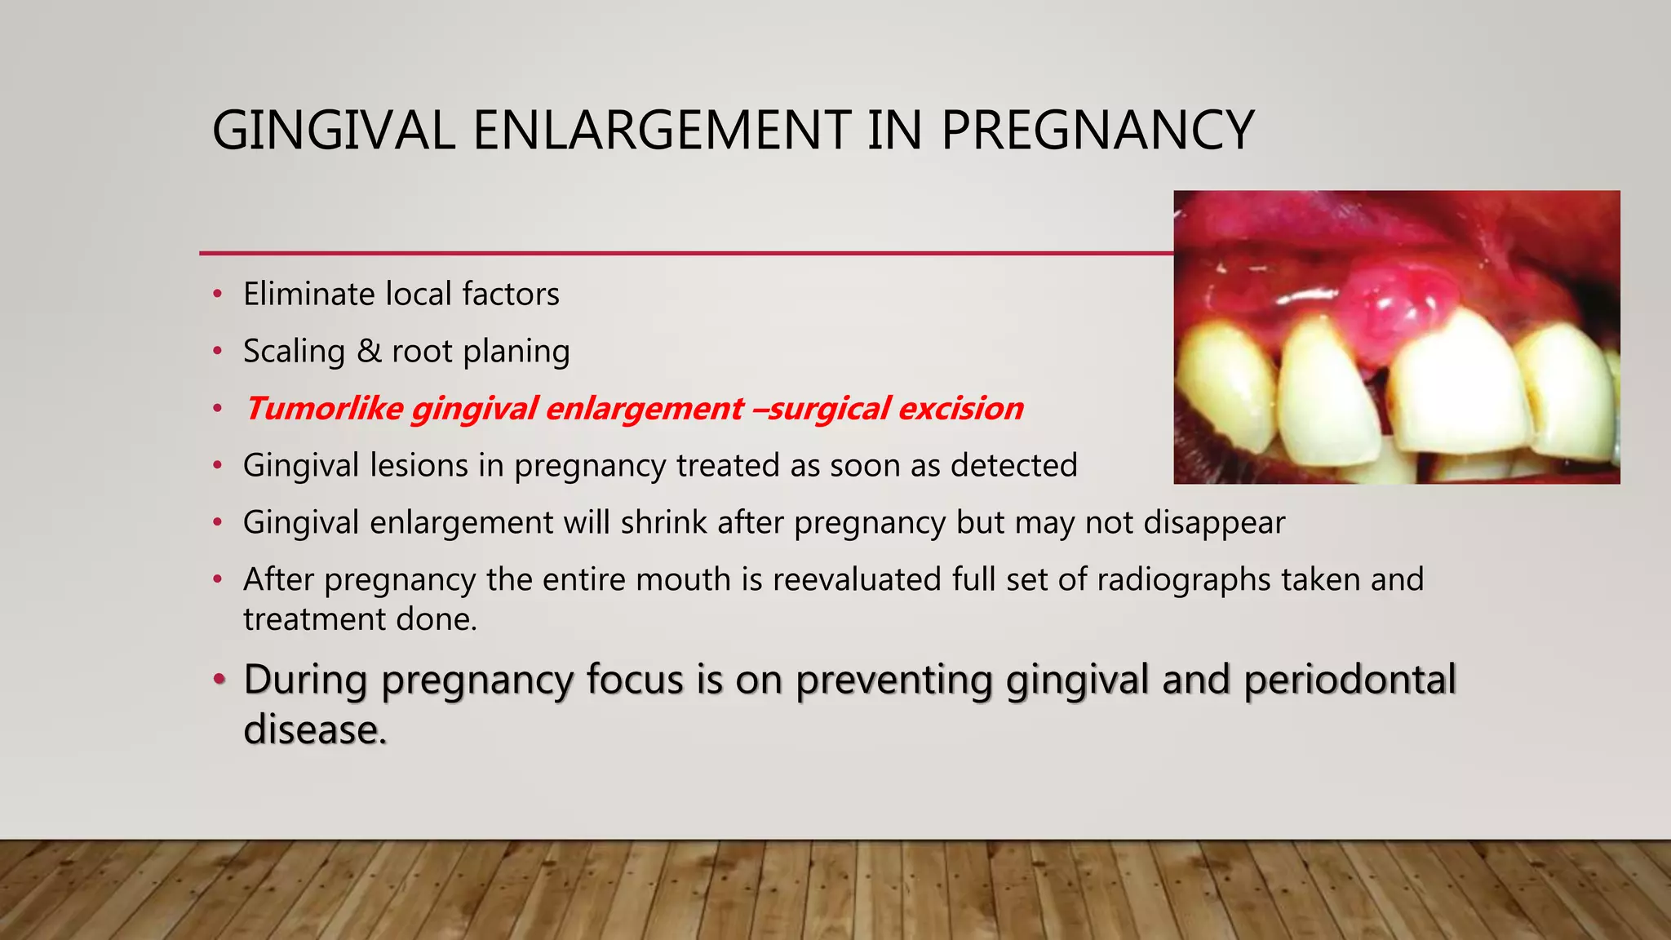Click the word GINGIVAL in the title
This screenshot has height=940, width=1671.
(x=333, y=131)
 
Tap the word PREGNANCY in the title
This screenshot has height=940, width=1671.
(x=1097, y=131)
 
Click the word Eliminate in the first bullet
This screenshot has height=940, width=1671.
(x=307, y=294)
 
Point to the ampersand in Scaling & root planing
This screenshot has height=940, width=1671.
(x=369, y=352)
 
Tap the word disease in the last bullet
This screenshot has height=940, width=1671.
(x=312, y=729)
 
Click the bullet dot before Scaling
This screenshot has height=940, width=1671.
(x=217, y=352)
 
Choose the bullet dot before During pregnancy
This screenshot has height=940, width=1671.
(x=218, y=679)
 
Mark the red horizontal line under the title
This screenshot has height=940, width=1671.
(x=685, y=253)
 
